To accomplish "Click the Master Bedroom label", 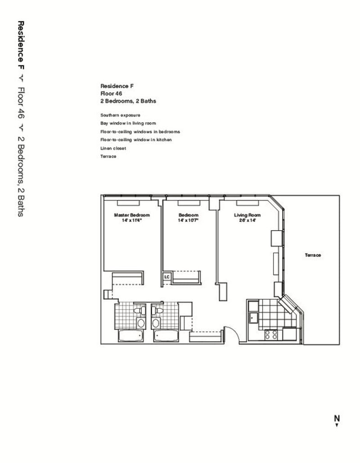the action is (x=132, y=215).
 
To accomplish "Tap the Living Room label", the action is (x=247, y=215).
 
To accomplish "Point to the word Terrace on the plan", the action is (x=313, y=255).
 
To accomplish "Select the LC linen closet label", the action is (x=167, y=277).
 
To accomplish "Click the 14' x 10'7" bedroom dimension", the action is (x=188, y=220).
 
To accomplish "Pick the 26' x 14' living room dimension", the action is (x=247, y=220).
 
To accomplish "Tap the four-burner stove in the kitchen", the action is (x=271, y=335).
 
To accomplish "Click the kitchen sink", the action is (x=253, y=317).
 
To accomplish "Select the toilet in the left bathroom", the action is (x=140, y=310).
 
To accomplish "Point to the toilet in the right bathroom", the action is (x=157, y=310).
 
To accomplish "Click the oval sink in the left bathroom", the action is (x=141, y=323).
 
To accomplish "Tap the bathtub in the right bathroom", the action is (x=166, y=336).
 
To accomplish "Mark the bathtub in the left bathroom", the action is (x=131, y=336).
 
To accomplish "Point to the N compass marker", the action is (x=337, y=420).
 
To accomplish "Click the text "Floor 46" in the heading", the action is (x=111, y=94).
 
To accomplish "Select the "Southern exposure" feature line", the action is (x=120, y=115).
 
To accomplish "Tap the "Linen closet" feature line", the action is (x=113, y=148).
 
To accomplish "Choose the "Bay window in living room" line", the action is (x=128, y=123).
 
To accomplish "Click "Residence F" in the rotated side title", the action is (x=21, y=45).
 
